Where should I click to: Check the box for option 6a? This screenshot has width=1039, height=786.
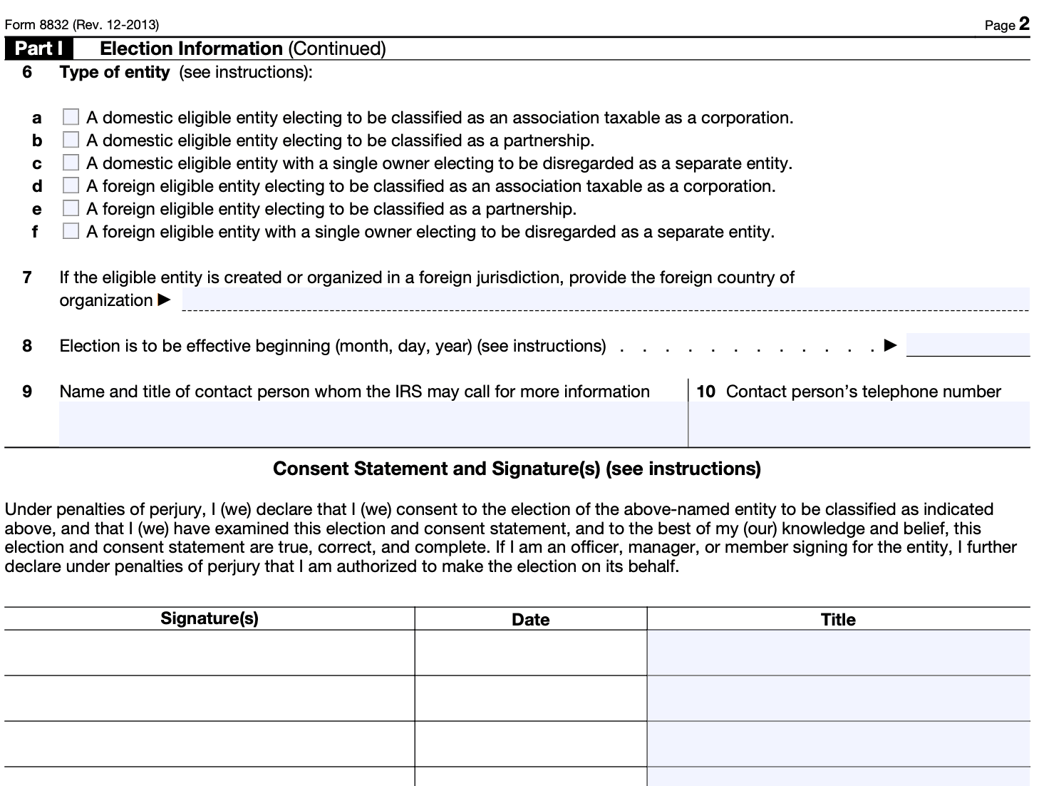tap(71, 117)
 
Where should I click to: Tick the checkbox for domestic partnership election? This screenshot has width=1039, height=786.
tap(71, 140)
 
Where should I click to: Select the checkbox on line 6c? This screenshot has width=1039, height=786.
tap(71, 163)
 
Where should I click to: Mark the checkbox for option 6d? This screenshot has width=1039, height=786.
tap(71, 185)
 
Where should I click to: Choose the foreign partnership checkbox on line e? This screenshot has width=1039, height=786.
tap(71, 208)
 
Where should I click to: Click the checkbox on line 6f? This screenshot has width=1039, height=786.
tap(71, 231)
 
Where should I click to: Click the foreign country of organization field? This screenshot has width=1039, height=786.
tap(605, 300)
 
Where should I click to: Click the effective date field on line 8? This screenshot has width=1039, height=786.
tap(967, 345)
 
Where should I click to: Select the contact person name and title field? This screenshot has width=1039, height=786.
tap(373, 424)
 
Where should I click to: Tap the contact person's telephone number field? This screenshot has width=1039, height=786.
tap(859, 424)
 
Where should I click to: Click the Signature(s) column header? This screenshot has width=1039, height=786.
tap(210, 618)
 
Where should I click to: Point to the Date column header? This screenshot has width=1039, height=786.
tap(531, 619)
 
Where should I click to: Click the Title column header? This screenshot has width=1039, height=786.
tap(838, 619)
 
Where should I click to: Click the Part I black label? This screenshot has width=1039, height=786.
tap(39, 49)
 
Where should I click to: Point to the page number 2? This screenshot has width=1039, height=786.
tap(1024, 24)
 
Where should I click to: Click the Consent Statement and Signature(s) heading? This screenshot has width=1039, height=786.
tap(517, 469)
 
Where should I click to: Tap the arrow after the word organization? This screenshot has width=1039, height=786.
tap(164, 300)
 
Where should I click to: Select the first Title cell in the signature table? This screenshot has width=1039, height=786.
tap(838, 653)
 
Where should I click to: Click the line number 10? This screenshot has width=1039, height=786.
tap(705, 392)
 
